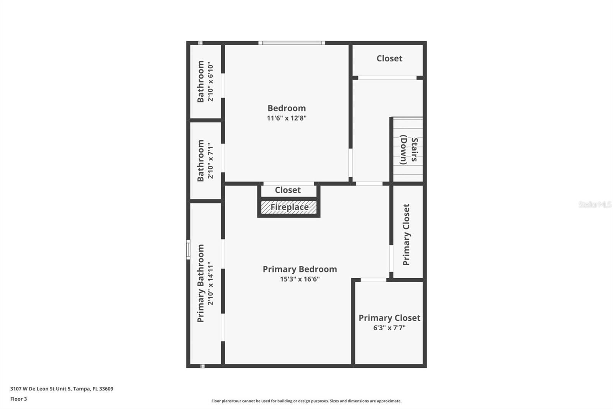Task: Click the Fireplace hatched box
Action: [289, 207]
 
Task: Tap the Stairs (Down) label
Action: [409, 150]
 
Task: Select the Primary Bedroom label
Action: [300, 269]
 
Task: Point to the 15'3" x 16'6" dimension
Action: [300, 279]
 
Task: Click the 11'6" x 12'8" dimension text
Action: [287, 118]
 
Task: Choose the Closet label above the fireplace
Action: [288, 190]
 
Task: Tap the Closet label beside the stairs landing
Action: [389, 58]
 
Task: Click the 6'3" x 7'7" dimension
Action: [389, 328]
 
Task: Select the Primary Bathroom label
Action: [201, 283]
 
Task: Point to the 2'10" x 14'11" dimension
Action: [210, 283]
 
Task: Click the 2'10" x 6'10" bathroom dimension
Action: [210, 82]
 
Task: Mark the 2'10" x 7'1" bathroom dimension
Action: [210, 161]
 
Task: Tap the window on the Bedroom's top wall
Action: [292, 43]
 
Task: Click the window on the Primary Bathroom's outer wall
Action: [188, 249]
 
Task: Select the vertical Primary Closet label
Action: [406, 234]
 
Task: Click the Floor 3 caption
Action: [18, 399]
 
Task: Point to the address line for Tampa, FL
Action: [62, 389]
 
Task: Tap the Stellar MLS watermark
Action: [595, 204]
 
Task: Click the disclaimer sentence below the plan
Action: [306, 401]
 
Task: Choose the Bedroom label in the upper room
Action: [287, 108]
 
